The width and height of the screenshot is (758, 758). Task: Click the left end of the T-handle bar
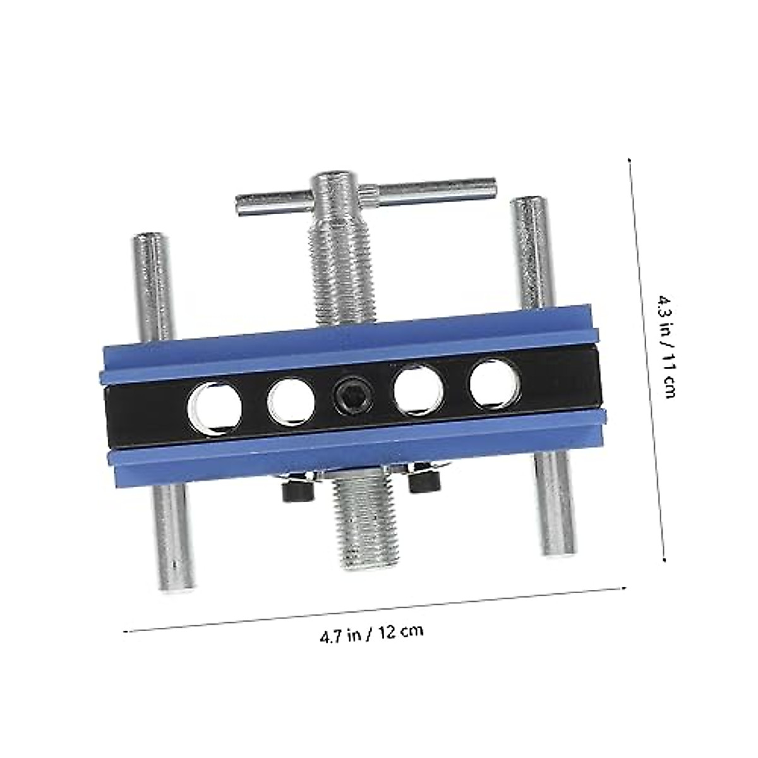click(238, 204)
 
